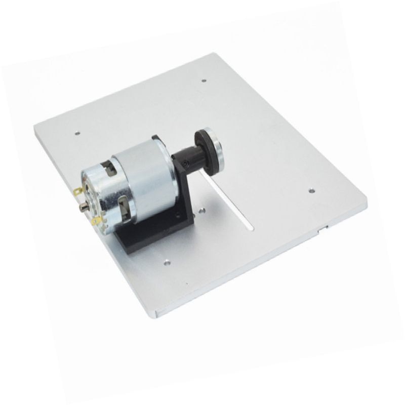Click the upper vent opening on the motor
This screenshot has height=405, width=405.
point(110,168)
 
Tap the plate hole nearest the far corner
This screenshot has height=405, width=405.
point(204,80)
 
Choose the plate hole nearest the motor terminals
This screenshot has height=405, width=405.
point(77,133)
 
